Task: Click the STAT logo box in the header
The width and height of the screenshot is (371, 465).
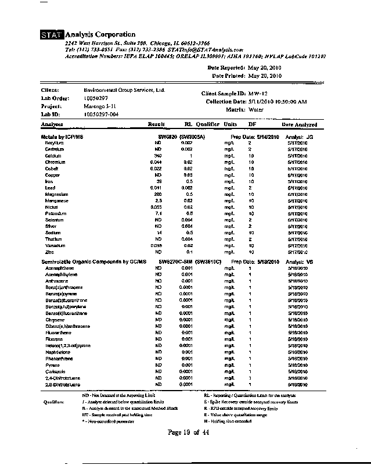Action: pyautogui.click(x=52, y=35)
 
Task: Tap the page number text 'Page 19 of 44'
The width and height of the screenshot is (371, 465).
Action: pyautogui.click(x=191, y=432)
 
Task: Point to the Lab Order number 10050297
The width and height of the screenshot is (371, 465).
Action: pyautogui.click(x=96, y=99)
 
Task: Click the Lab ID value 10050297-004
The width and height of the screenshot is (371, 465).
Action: pyautogui.click(x=102, y=115)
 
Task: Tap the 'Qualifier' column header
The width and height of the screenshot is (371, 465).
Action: pyautogui.click(x=207, y=124)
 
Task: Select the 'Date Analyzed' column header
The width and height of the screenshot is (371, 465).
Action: pyautogui.click(x=300, y=124)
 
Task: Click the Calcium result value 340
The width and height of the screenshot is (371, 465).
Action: pyautogui.click(x=157, y=156)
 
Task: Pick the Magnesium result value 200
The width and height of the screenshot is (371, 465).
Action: pyautogui.click(x=157, y=195)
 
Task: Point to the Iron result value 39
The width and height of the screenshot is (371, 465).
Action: pyautogui.click(x=159, y=181)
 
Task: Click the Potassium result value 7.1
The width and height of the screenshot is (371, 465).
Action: pyautogui.click(x=158, y=214)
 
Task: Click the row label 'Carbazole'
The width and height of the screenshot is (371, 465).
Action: pyautogui.click(x=56, y=371)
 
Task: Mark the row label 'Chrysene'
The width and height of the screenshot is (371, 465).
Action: pyautogui.click(x=55, y=320)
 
